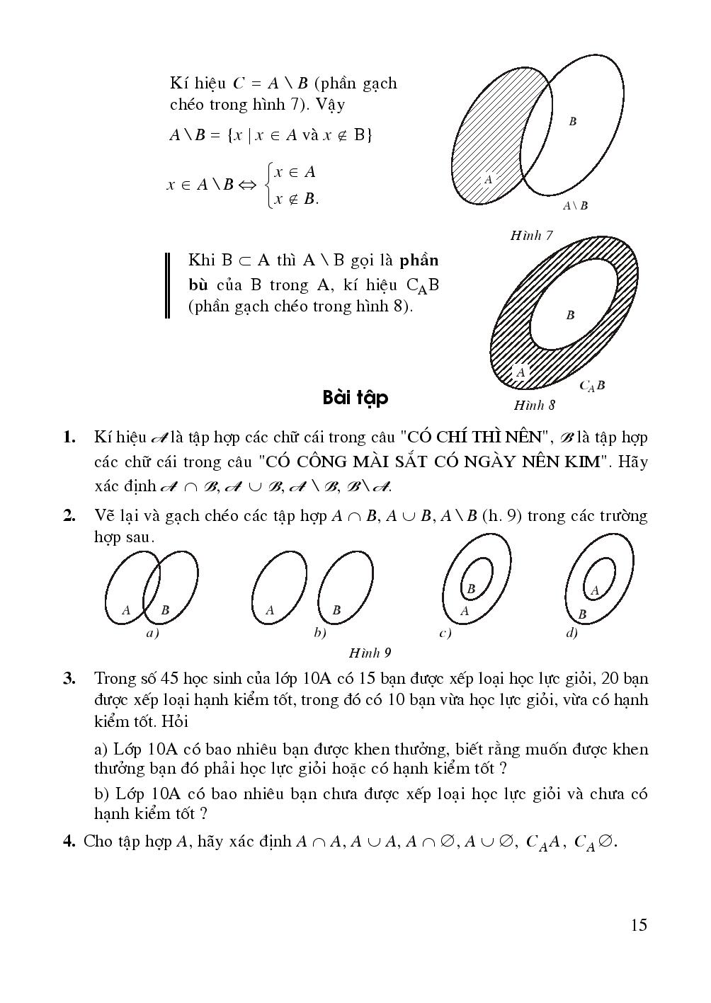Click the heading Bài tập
(355, 398)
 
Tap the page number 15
(637, 924)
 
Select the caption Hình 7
(531, 236)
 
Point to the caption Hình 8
(534, 406)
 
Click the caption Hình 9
(370, 653)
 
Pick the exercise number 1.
(69, 437)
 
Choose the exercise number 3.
(69, 679)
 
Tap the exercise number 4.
(69, 842)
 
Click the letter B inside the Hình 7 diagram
(572, 122)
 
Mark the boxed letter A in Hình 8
(521, 372)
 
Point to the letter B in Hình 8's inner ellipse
(570, 316)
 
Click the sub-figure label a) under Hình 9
(152, 634)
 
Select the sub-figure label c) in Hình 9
(445, 634)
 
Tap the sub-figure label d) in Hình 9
(571, 634)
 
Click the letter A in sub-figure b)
(270, 610)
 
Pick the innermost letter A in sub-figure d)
(594, 590)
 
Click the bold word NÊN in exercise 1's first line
(524, 437)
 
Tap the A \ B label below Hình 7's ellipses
(575, 206)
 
